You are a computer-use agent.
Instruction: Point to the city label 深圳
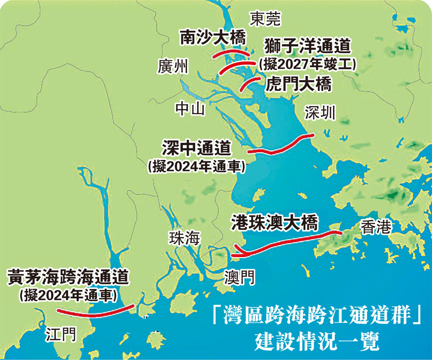pos(320,113)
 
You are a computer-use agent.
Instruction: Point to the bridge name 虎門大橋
pos(298,84)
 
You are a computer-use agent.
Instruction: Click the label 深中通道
pos(196,148)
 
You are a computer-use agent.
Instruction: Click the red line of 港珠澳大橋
pos(286,242)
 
